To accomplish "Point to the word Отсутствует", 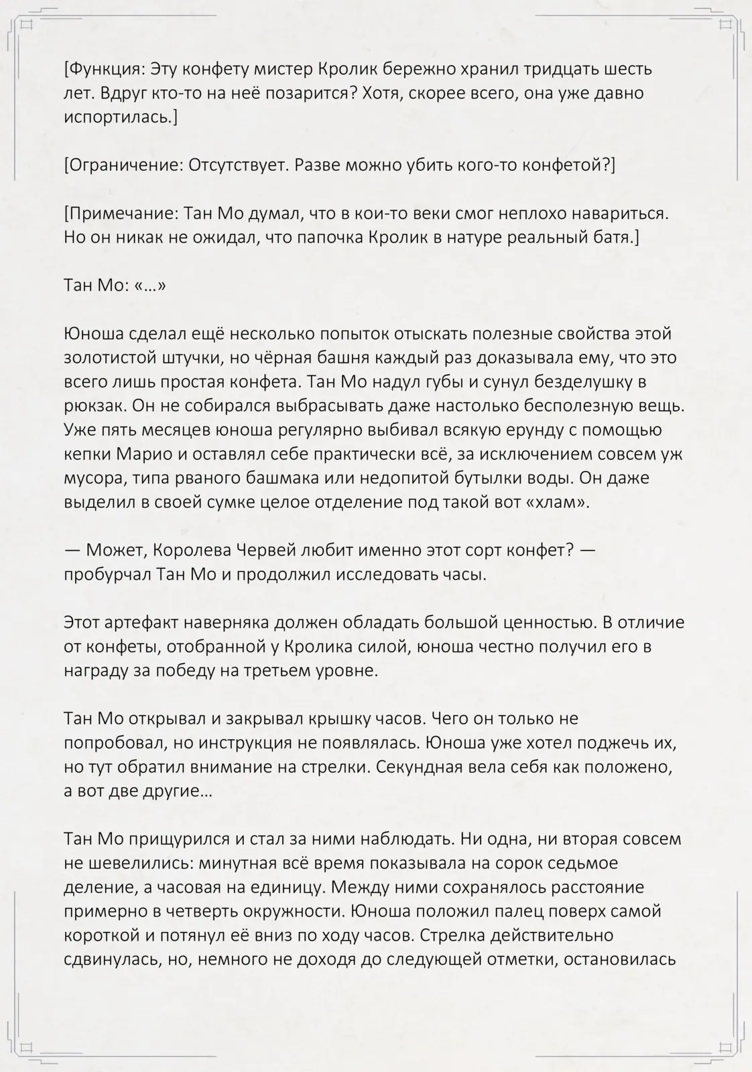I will click(x=238, y=165).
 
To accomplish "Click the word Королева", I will click(x=191, y=551).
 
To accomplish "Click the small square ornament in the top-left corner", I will click(x=27, y=25).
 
